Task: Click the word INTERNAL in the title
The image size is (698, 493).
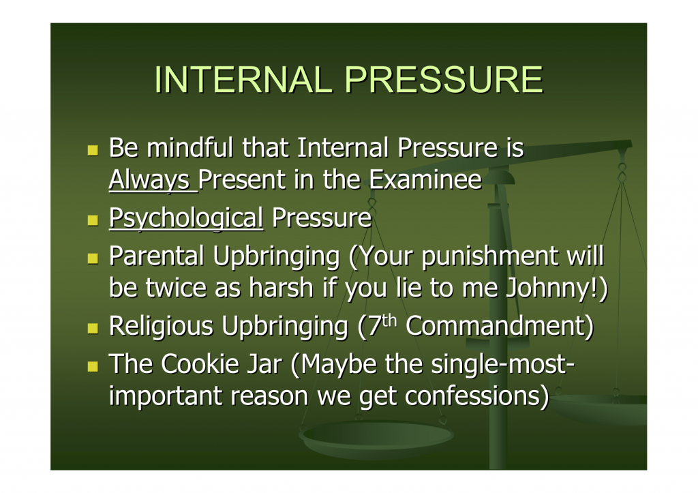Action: click(243, 80)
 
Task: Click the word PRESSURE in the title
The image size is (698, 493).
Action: click(444, 80)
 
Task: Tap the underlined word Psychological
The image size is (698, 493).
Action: click(186, 219)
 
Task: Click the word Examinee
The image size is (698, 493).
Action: click(425, 179)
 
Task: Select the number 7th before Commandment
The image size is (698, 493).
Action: click(382, 325)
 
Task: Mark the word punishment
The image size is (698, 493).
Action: click(489, 257)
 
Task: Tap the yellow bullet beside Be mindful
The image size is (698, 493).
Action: click(93, 150)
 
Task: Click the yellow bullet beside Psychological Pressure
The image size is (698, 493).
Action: click(93, 220)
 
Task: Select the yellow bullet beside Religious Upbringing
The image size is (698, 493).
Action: click(93, 328)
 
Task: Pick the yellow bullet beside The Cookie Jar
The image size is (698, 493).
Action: click(93, 367)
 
